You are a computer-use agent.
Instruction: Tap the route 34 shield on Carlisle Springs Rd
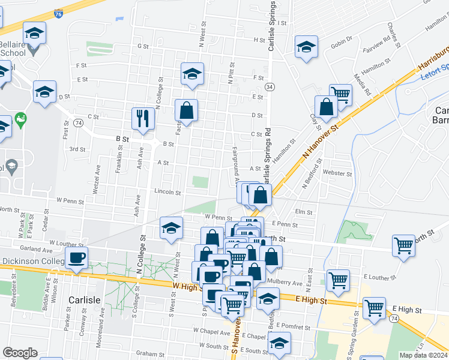pos(271,87)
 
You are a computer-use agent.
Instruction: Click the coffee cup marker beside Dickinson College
pos(76,258)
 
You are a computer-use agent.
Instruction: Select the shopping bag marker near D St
pos(186,110)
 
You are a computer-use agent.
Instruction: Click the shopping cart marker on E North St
pos(403,245)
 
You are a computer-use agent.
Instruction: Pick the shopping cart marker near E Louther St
pos(339,280)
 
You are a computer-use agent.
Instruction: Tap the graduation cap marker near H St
pos(306,47)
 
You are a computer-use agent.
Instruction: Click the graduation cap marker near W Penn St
pos(171,229)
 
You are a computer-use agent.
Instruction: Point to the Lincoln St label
pos(168,193)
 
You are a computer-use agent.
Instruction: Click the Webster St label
pos(337,174)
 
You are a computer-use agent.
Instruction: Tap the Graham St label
pos(150,353)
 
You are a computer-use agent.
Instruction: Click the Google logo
pos(20,353)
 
